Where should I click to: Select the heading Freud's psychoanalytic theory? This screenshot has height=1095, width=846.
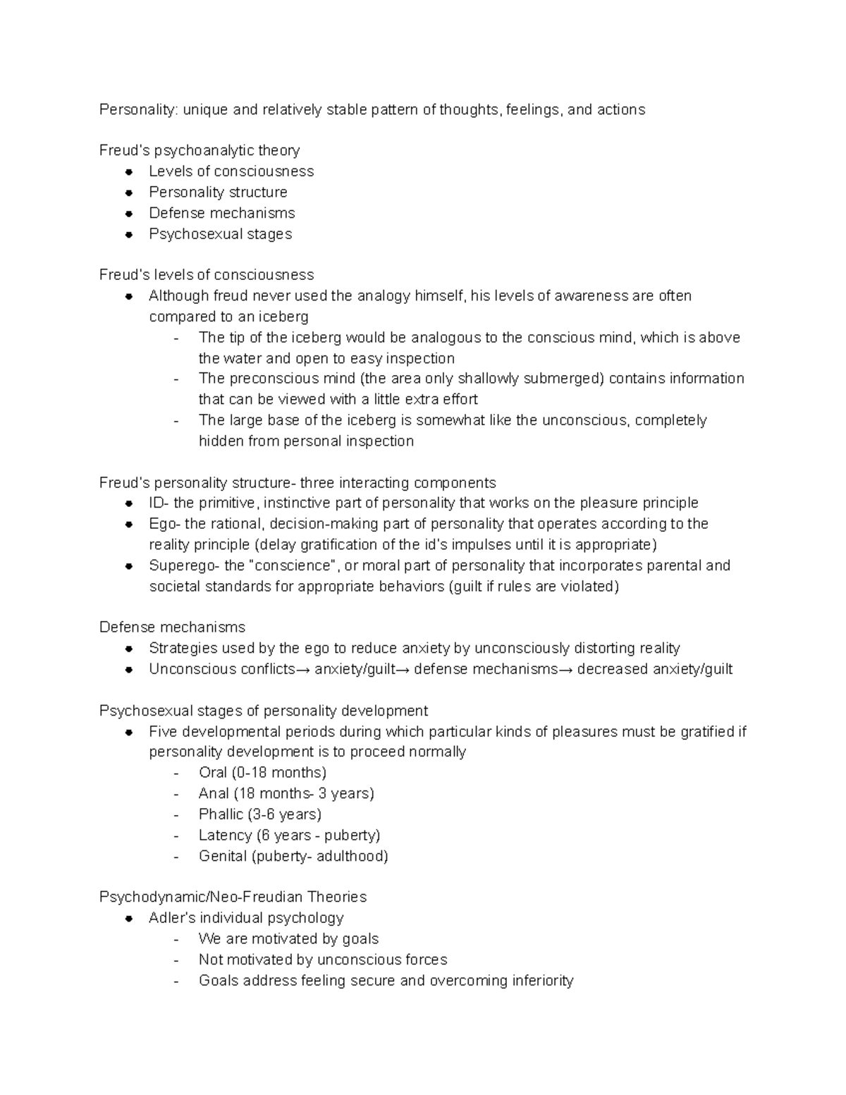pos(200,151)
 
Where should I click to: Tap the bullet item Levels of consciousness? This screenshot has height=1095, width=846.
pos(231,171)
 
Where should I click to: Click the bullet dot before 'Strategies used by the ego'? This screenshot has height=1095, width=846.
pos(129,649)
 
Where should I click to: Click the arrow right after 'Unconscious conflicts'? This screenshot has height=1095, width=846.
pos(303,670)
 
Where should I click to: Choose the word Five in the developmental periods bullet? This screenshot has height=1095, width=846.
pos(162,732)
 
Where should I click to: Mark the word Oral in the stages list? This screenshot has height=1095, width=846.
pos(212,773)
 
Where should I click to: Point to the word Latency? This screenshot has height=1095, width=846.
pos(225,836)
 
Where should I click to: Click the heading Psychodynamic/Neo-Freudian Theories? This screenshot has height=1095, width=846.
pos(233,898)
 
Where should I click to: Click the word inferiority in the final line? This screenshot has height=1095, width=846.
pos(541,981)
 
